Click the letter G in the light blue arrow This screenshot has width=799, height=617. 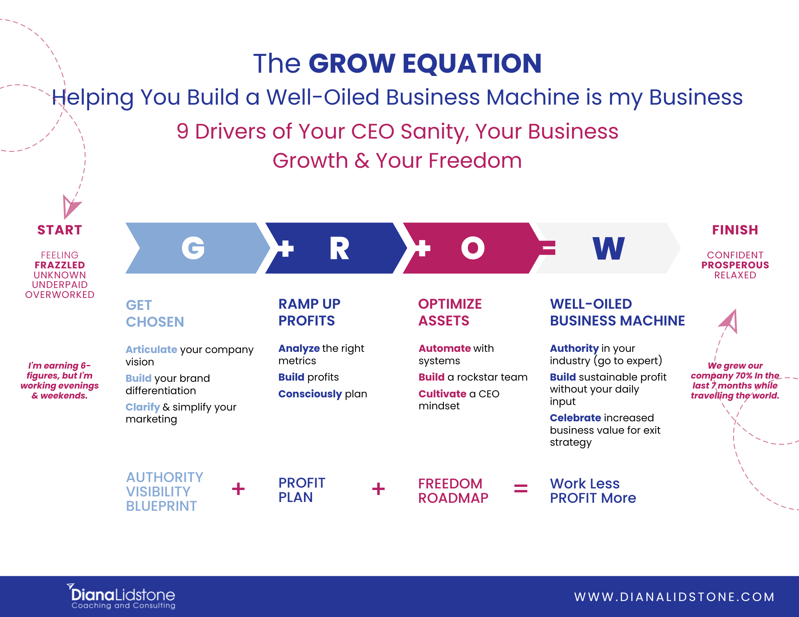(193, 248)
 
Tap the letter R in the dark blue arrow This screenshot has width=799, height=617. (340, 248)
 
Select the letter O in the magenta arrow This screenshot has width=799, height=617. (473, 248)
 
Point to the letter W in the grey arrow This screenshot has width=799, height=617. (608, 248)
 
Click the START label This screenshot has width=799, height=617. (60, 230)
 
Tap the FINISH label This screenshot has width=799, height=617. (735, 230)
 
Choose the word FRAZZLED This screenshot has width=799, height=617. (60, 265)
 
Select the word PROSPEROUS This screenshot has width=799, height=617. (735, 265)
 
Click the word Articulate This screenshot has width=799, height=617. (151, 349)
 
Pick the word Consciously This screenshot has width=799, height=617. (310, 394)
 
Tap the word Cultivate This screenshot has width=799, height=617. (442, 394)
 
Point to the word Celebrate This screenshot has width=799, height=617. (575, 418)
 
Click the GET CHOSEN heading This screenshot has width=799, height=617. (155, 313)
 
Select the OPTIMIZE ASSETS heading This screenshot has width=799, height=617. (450, 312)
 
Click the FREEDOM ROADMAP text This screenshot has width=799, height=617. (453, 491)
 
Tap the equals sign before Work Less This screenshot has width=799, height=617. (521, 488)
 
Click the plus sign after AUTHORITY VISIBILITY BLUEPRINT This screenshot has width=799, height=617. (238, 489)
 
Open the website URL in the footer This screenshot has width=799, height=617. (674, 597)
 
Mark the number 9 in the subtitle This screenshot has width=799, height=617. (183, 131)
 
